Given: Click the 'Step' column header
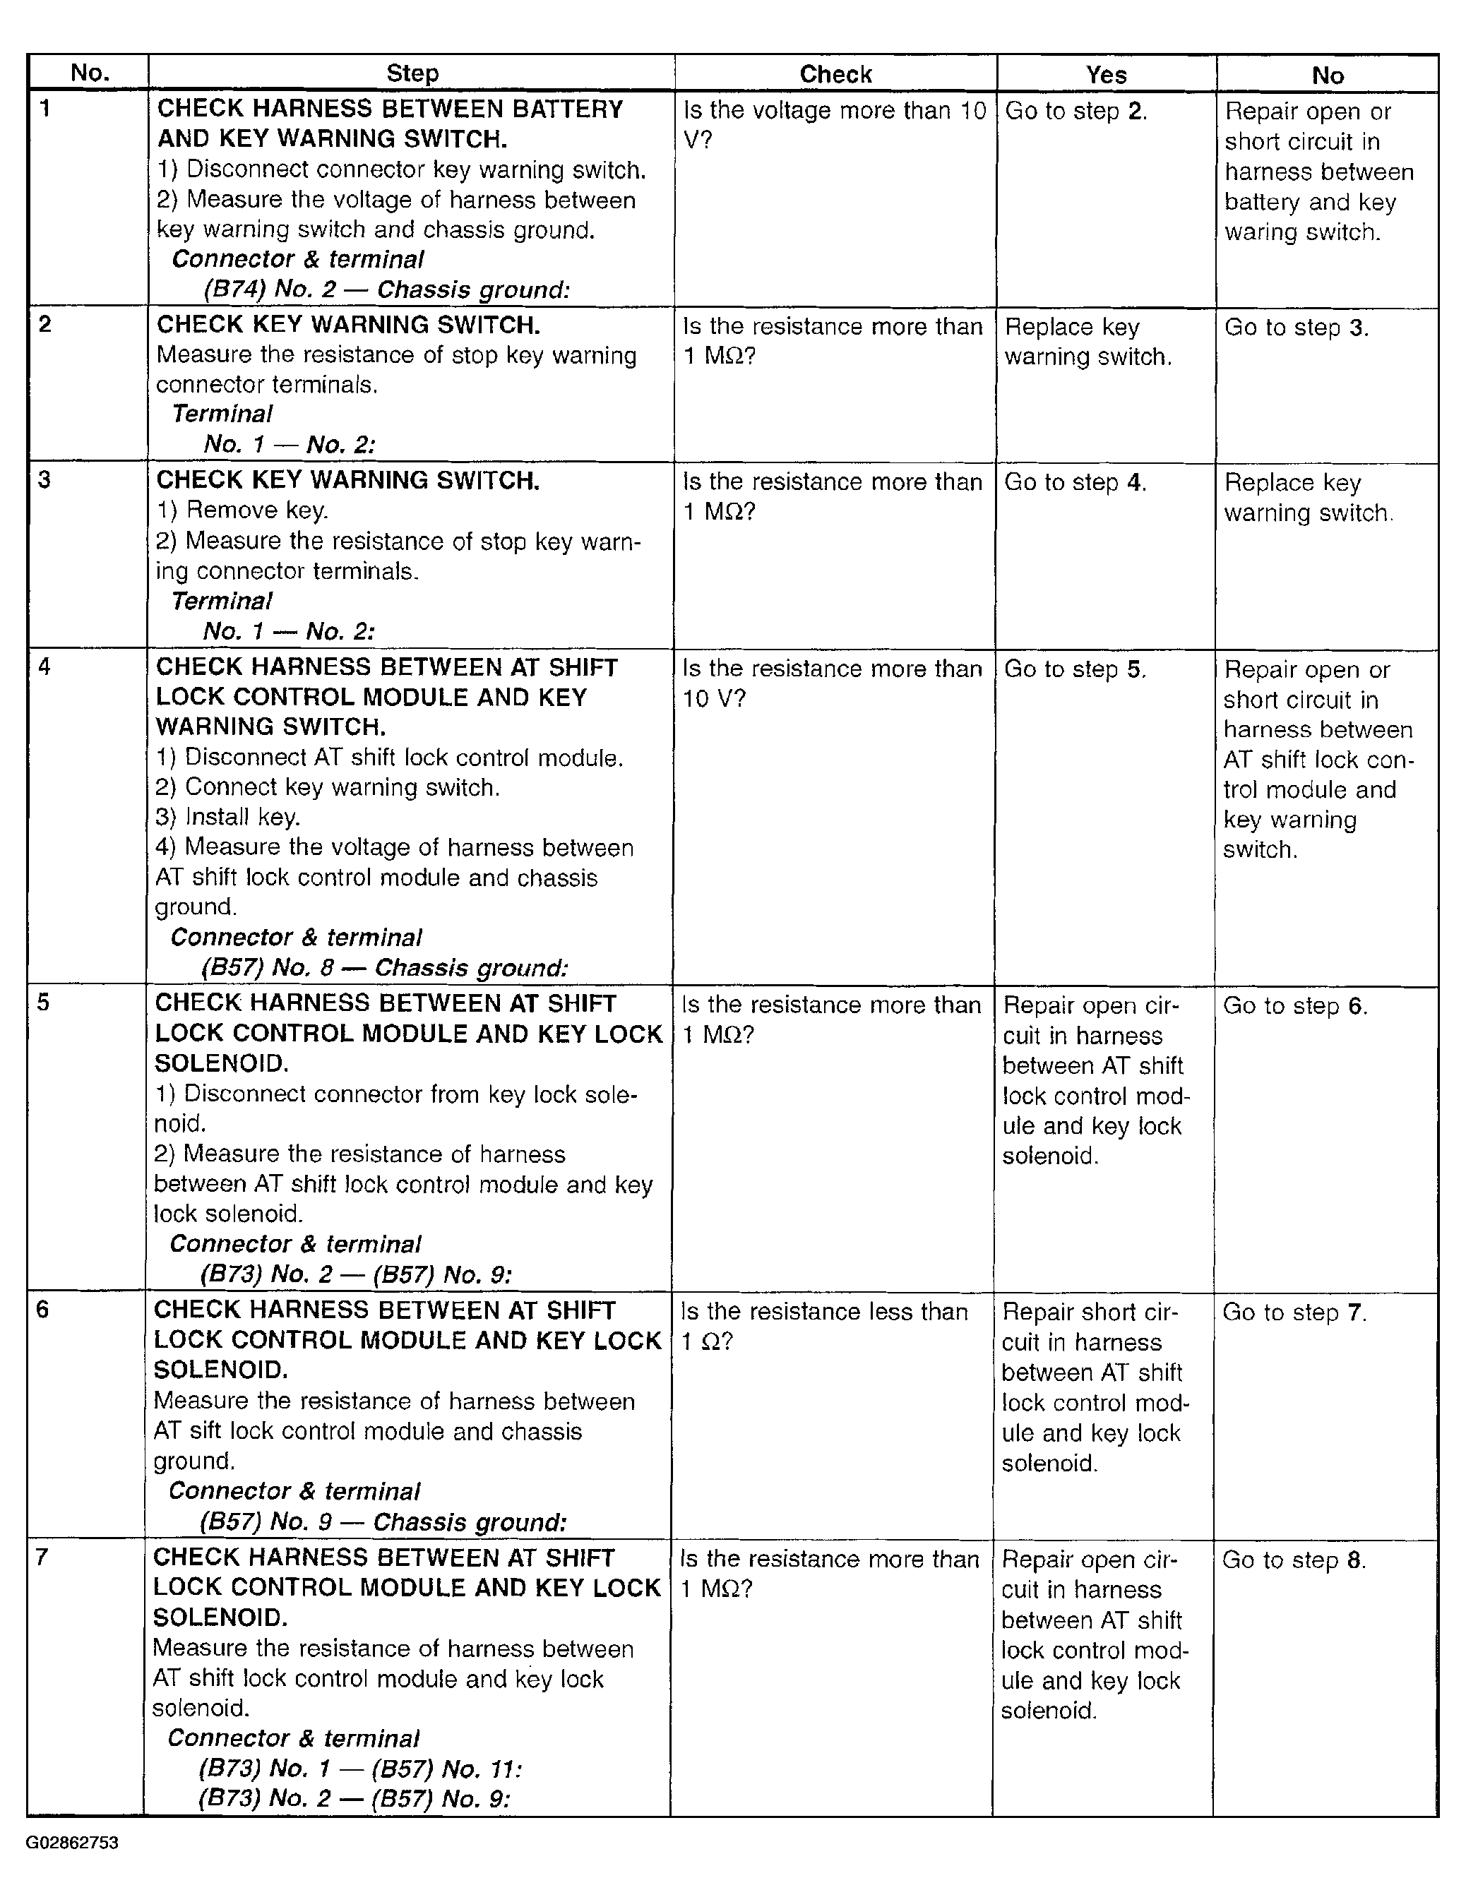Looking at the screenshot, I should pos(412,73).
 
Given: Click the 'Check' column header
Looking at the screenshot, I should pos(835,74).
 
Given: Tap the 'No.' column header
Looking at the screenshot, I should pos(90,73).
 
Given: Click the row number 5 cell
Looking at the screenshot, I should pos(44,1003).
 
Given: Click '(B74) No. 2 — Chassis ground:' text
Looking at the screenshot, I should pos(386,289).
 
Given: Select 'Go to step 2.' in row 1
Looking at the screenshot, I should pos(1075,112).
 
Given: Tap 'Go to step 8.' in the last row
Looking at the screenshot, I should pos(1294,1560).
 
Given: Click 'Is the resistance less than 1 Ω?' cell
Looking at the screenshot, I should pos(823,1327).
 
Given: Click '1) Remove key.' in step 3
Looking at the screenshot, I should pos(242,510).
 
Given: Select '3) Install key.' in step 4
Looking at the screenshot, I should pos(227,817).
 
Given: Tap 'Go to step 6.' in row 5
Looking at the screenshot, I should pos(1294,1006).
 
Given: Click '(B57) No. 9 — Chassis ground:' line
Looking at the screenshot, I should pos(383,1521).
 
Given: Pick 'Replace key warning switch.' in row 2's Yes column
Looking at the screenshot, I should pos(1087,342).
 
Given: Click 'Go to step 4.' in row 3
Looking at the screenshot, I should pos(1075,482).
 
